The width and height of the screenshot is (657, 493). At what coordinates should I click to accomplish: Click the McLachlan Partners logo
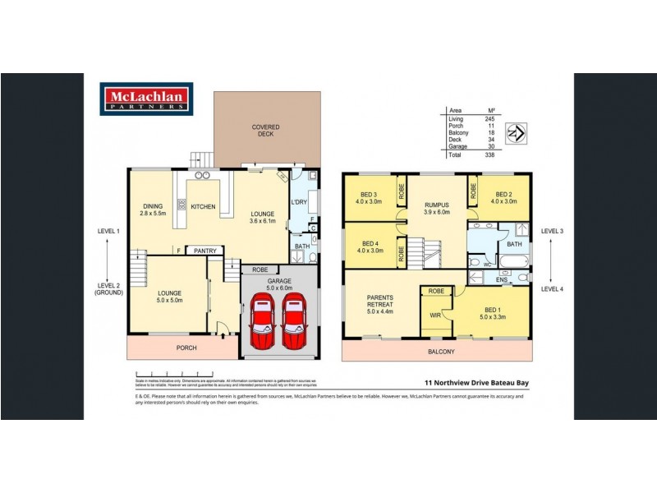146,98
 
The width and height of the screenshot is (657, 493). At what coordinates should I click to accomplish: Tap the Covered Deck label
265,131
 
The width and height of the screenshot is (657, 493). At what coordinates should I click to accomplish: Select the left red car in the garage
264,321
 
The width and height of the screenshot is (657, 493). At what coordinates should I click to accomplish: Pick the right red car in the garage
296,321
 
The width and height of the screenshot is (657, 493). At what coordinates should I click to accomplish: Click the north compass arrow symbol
515,131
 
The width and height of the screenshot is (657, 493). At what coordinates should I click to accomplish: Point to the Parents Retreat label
380,303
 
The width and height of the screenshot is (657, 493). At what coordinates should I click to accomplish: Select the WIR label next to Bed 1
436,315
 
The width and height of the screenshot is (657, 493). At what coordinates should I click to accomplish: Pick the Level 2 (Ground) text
108,288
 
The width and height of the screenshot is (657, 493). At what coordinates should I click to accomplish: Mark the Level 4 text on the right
551,288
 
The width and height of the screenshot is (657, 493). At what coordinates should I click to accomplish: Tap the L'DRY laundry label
299,202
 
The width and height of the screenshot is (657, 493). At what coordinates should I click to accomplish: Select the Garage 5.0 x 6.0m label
278,285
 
